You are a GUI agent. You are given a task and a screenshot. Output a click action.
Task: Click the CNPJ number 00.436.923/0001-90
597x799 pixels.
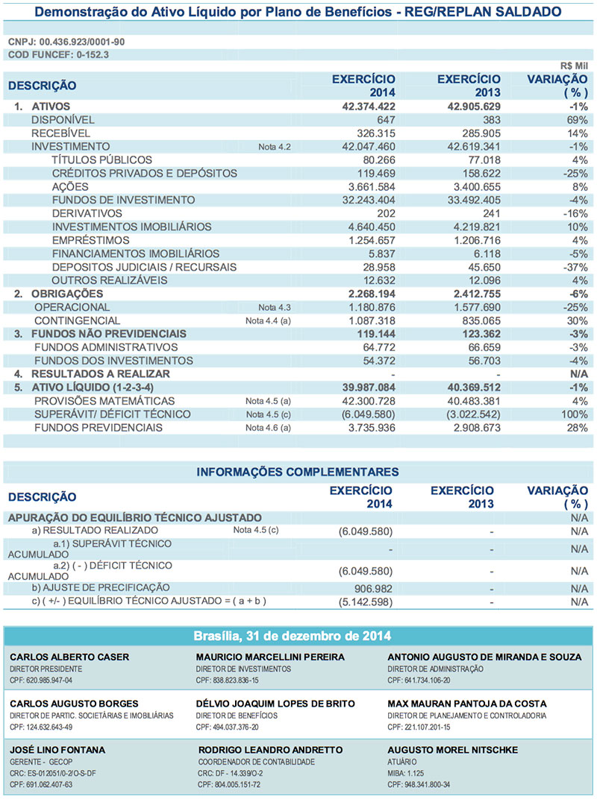coord(82,42)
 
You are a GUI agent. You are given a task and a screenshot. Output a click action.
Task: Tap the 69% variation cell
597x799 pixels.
coord(578,120)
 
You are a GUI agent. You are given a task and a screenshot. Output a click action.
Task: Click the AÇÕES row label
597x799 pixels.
coord(70,187)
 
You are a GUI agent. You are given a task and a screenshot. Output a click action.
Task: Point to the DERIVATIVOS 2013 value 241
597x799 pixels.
coord(490,214)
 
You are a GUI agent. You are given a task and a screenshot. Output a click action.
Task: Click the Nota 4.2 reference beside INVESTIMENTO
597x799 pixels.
coord(274,147)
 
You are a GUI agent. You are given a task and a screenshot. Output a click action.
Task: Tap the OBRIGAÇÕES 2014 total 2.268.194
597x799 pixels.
coord(362,294)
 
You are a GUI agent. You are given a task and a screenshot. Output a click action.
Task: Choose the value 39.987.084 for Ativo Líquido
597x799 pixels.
coord(358,388)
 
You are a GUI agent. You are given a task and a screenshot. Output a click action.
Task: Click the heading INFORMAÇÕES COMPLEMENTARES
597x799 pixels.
coord(297,472)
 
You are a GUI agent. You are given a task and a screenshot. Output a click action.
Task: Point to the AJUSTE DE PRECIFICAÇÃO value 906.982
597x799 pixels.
coord(369,588)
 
